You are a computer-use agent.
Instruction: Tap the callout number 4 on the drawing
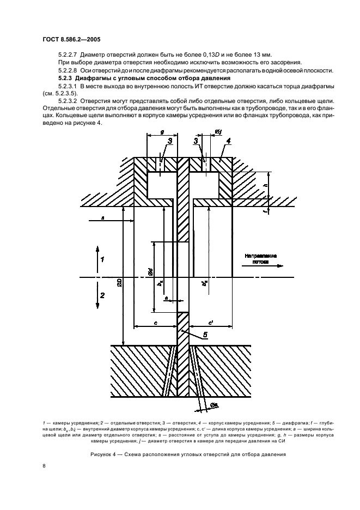(x=229, y=142)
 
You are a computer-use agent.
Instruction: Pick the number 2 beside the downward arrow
(x=102, y=295)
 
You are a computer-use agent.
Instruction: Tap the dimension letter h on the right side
(x=265, y=185)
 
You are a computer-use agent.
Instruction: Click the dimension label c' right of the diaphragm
(x=210, y=320)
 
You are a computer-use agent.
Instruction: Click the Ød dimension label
(x=150, y=273)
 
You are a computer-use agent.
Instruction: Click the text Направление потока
(x=261, y=258)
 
